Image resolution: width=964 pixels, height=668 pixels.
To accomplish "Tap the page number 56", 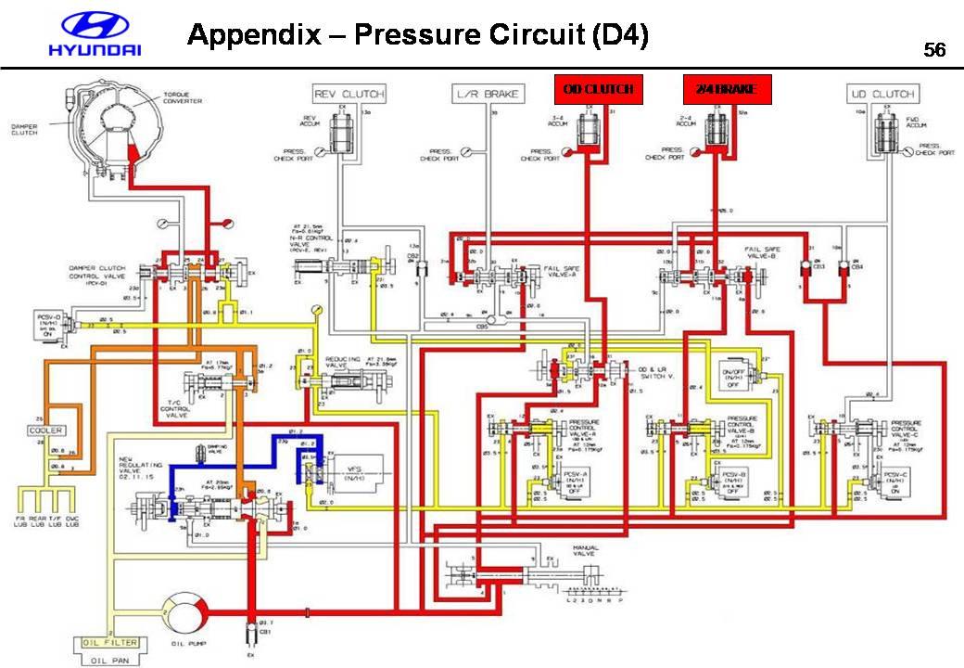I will click(934, 51).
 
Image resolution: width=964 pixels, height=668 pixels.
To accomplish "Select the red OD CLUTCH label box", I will click(599, 89).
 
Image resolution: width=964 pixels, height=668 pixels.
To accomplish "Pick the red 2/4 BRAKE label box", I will click(728, 89).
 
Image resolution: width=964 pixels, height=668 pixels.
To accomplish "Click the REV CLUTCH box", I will click(349, 94).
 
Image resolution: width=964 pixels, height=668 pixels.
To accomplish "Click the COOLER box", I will click(44, 431).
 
